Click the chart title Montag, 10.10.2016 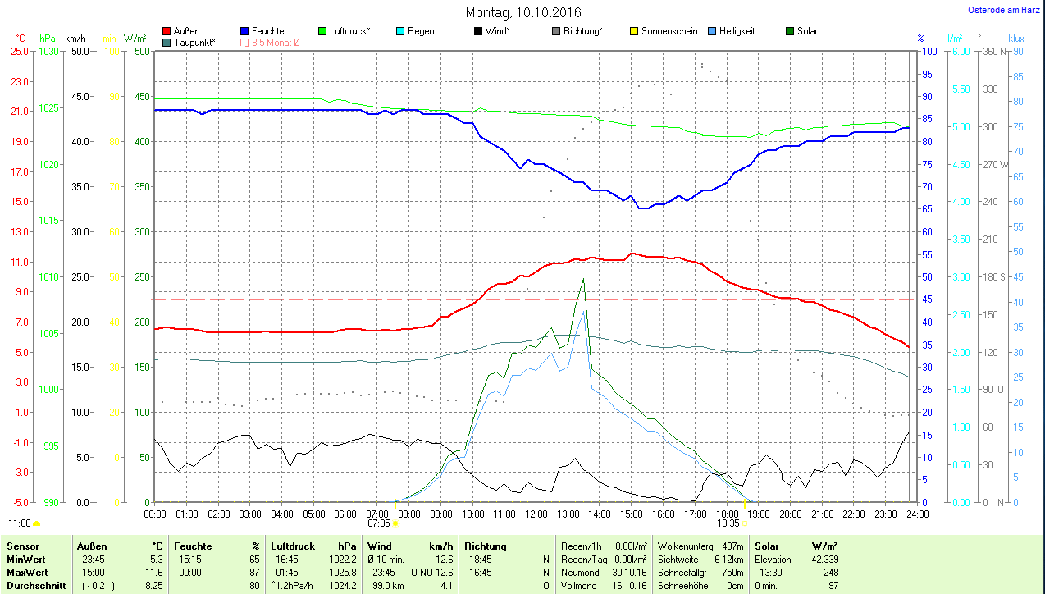(522, 12)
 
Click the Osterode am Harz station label (1003, 11)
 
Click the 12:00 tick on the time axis (536, 514)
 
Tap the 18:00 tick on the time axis (727, 514)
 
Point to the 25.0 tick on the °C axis (20, 51)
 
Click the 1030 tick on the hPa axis (49, 51)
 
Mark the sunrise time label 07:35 (379, 523)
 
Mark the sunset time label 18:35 (728, 523)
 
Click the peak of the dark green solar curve (583, 280)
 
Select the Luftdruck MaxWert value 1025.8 (342, 573)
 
